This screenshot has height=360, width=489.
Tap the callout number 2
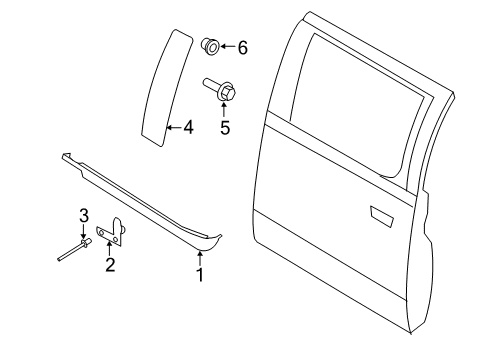[110, 265]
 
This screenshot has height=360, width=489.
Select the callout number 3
[84, 214]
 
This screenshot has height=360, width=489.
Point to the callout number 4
[189, 127]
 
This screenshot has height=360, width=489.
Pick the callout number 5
[225, 127]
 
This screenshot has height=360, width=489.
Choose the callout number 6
[241, 46]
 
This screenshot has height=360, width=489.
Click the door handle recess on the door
[381, 213]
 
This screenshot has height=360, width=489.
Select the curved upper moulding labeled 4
[163, 90]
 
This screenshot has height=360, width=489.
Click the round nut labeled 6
[211, 45]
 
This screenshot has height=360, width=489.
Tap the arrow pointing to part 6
[227, 46]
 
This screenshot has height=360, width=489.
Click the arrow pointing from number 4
[174, 127]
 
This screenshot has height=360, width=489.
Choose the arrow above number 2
[109, 249]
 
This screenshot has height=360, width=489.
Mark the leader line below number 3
[84, 229]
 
